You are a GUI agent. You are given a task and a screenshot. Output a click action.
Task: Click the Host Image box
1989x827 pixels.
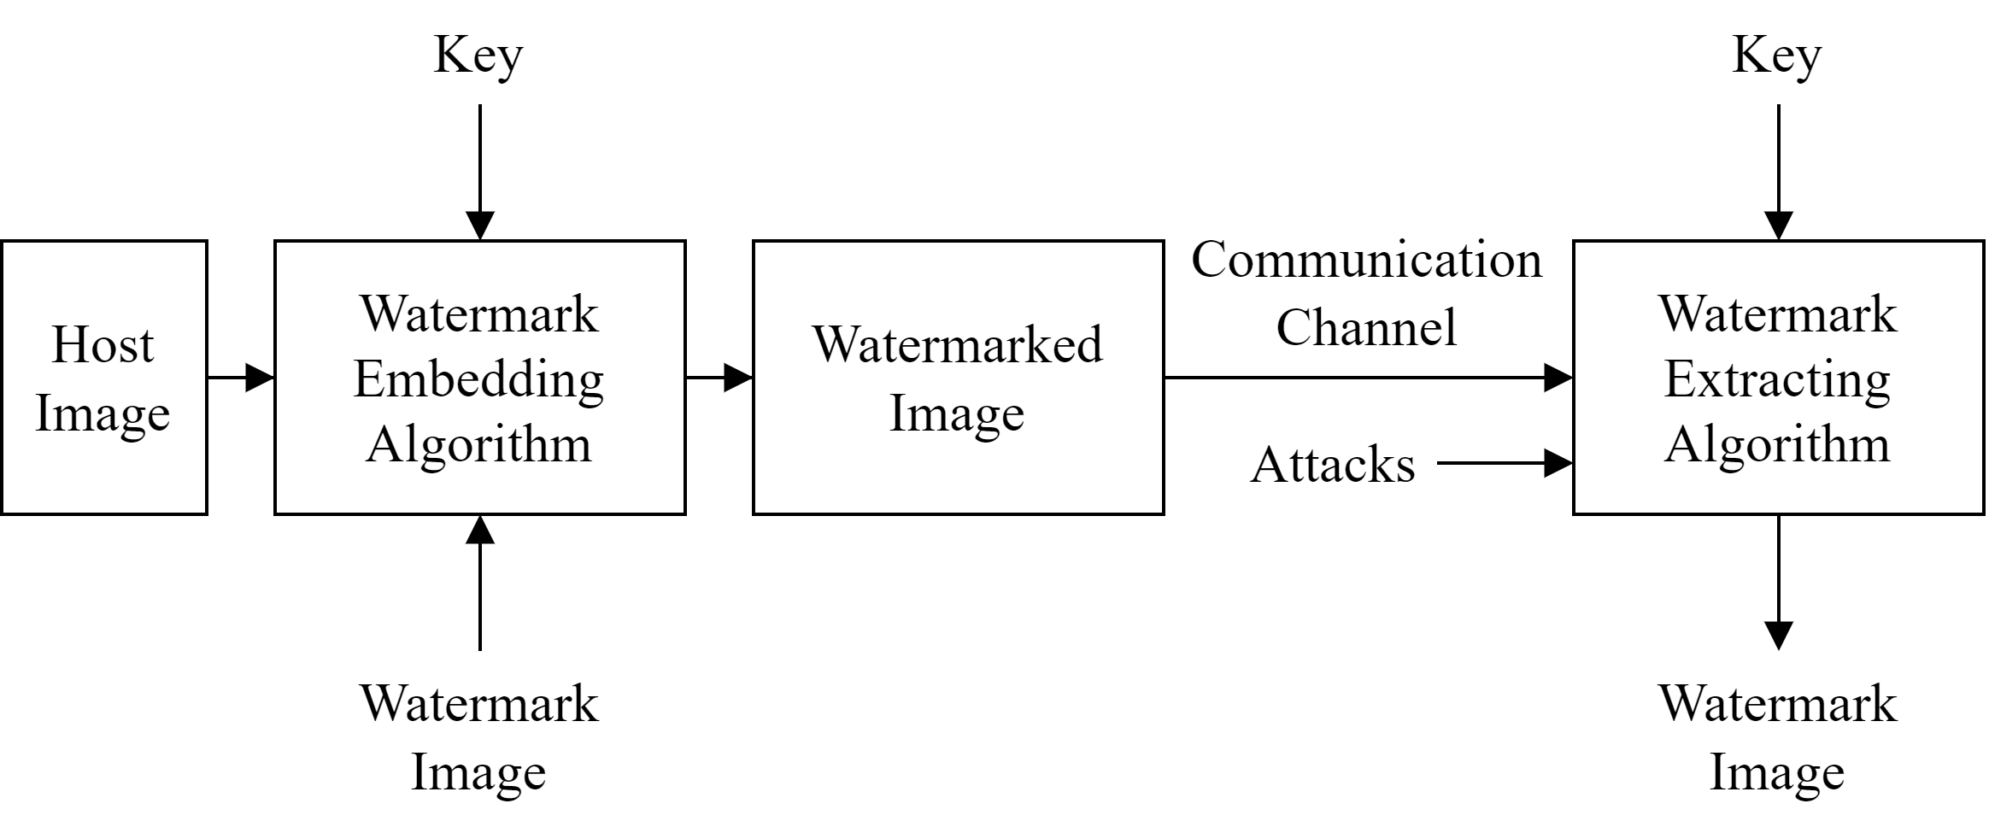click(x=103, y=378)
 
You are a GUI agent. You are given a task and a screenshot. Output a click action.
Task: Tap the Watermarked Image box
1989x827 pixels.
click(x=958, y=378)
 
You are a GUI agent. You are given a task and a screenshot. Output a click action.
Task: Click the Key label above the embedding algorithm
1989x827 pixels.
click(x=478, y=56)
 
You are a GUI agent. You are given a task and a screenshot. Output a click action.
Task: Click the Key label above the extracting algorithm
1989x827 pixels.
click(x=1777, y=56)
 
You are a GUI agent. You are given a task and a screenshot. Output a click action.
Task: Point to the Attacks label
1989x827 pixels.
click(x=1332, y=465)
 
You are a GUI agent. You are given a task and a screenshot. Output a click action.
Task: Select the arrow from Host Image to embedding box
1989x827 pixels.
click(x=241, y=378)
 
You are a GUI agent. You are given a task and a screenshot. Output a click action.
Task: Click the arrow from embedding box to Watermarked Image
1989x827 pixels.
click(x=719, y=378)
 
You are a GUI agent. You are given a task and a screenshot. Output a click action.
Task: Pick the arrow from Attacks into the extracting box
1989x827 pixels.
click(x=1504, y=464)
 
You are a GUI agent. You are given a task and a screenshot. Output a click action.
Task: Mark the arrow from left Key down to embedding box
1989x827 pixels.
click(x=480, y=171)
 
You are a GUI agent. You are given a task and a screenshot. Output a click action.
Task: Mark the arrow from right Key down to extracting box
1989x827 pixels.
click(x=1779, y=171)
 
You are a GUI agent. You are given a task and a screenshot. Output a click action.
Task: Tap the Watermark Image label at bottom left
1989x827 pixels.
click(x=478, y=737)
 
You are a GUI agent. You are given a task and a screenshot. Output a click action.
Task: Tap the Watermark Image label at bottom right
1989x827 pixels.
click(x=1777, y=737)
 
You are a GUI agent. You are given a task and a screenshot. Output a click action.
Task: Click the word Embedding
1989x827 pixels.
click(x=479, y=379)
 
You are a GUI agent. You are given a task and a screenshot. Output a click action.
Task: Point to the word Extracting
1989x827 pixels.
click(x=1777, y=379)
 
